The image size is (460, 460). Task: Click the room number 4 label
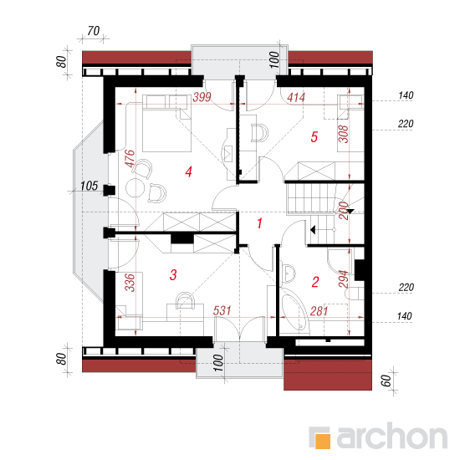[189, 172]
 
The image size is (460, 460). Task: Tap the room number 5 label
[314, 137]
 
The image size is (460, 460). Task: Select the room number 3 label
[173, 275]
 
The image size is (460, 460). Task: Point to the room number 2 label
[315, 282]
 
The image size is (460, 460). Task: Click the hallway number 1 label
[259, 223]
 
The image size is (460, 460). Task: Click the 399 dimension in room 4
[202, 97]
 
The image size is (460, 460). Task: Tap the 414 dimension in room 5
[296, 97]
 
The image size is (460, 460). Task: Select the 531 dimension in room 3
[222, 310]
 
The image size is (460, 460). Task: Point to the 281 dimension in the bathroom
[319, 311]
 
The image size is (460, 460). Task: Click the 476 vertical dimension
[130, 159]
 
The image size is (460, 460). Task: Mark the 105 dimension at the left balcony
[89, 186]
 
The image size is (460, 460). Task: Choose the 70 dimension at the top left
[94, 31]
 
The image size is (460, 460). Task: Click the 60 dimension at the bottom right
[386, 381]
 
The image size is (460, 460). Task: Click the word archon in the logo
[392, 436]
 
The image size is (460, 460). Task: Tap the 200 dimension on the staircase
[344, 210]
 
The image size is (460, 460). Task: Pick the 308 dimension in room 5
[343, 134]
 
